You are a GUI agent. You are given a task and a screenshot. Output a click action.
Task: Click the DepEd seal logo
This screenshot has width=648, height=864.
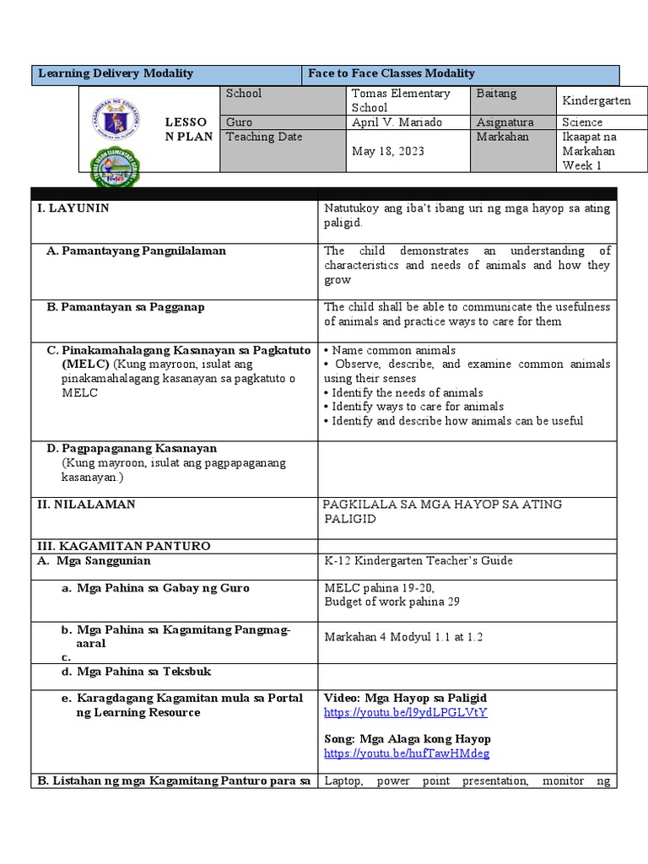pos(116,125)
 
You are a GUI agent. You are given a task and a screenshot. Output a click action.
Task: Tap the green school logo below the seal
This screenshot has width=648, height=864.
pos(115,170)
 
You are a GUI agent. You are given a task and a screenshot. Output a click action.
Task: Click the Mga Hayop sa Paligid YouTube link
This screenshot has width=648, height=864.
pos(406,713)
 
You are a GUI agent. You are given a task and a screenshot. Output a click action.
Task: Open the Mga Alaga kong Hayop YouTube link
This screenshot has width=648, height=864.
pos(407,753)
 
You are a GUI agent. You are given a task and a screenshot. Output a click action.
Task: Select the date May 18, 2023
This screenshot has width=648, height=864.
pos(387,151)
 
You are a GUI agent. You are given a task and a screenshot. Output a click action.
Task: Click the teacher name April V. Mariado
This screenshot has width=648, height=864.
pos(394,122)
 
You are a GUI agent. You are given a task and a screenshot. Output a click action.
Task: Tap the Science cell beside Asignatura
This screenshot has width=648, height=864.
pos(582,122)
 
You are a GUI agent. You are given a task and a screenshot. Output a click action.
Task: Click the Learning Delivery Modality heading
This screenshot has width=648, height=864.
pos(116,74)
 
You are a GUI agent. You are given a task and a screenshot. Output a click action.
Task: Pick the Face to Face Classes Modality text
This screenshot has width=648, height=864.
pos(391,74)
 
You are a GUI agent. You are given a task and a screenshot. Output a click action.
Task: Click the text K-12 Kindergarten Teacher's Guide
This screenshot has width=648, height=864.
pos(418,561)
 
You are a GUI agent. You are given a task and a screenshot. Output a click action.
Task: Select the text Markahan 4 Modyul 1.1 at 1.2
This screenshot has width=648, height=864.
pos(403,637)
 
